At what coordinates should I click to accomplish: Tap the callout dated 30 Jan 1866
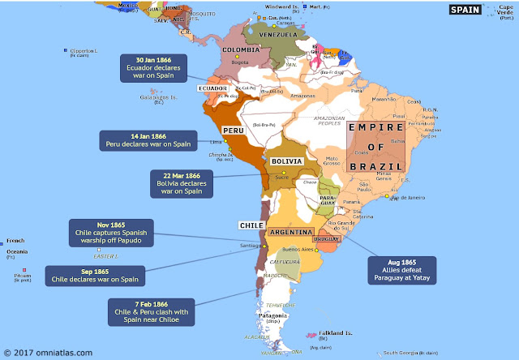153,65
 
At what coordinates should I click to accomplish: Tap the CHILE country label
248,225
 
